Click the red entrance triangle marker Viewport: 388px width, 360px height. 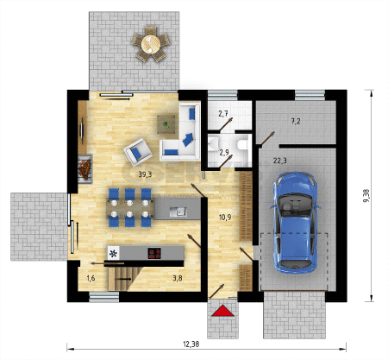[222, 311]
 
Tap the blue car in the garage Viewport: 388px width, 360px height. [296, 223]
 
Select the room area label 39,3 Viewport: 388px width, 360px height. [145, 174]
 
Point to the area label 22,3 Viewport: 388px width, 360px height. [279, 161]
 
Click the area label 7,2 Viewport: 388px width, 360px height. [296, 122]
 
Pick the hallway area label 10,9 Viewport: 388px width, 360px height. [225, 218]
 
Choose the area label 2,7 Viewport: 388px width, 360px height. [223, 114]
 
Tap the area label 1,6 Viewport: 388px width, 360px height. [91, 278]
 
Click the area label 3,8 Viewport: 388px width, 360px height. [178, 278]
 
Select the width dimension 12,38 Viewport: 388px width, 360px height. [191, 344]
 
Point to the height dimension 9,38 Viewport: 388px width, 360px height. [366, 196]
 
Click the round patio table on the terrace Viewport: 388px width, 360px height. [151, 44]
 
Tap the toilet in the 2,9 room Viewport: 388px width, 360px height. [243, 144]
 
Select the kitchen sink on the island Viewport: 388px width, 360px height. [178, 212]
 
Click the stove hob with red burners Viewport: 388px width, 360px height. [154, 253]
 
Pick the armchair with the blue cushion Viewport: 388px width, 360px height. [138, 152]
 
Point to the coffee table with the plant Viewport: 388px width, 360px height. [166, 124]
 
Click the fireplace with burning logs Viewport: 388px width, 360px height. [85, 169]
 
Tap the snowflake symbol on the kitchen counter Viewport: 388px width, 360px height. [114, 253]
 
